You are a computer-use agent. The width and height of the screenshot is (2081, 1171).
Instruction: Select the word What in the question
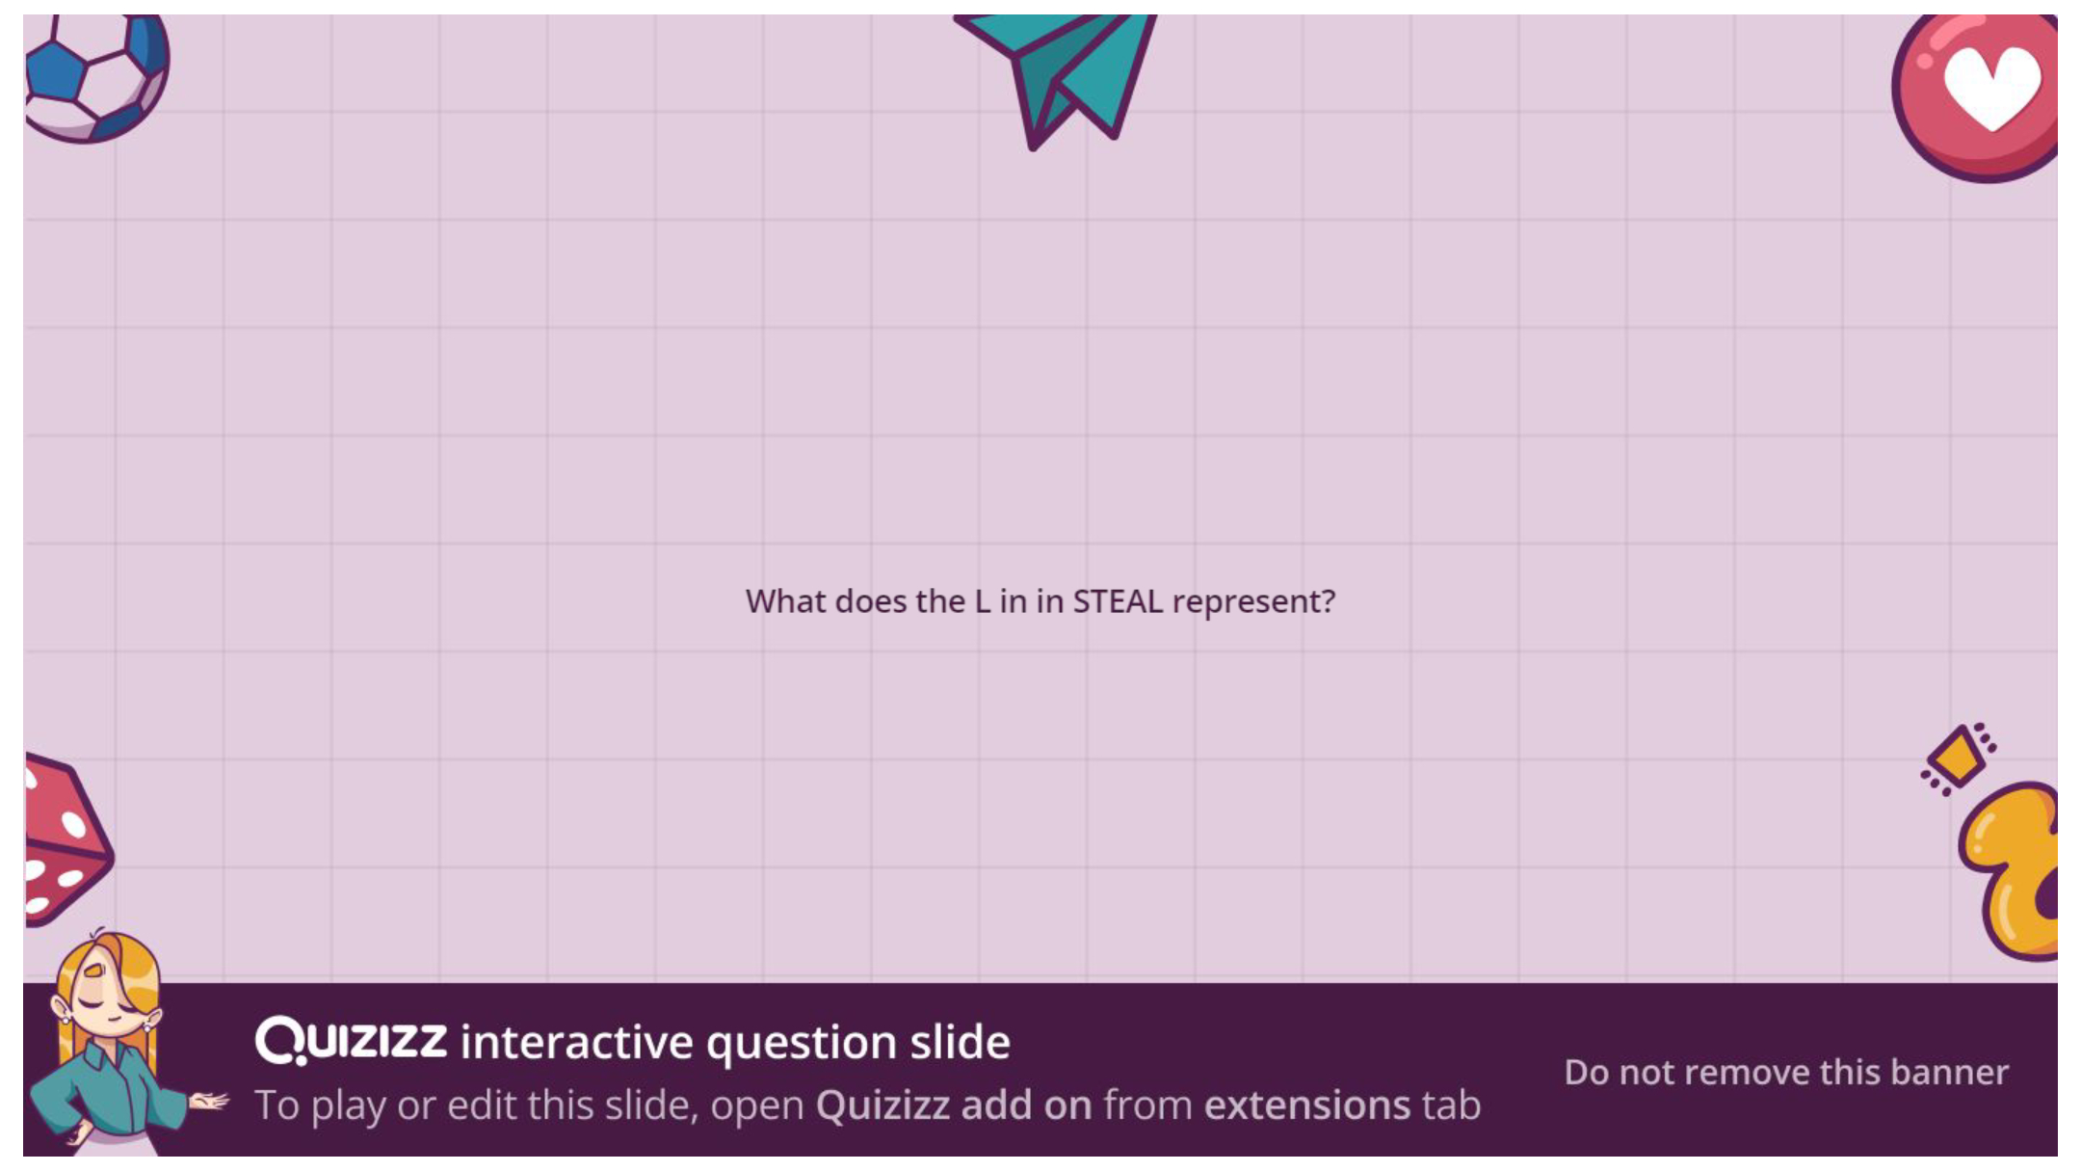pyautogui.click(x=785, y=601)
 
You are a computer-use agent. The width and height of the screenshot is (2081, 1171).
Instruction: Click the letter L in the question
pyautogui.click(x=982, y=601)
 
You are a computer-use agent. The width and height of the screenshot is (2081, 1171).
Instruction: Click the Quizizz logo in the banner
pyautogui.click(x=351, y=1041)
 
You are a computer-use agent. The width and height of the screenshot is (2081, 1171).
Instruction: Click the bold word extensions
pyautogui.click(x=1307, y=1105)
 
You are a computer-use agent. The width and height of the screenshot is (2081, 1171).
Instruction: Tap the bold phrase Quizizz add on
pyautogui.click(x=954, y=1105)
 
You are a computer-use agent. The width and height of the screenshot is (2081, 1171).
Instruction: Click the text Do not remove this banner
pyautogui.click(x=1786, y=1072)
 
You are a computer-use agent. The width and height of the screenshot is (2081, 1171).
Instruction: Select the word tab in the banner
pyautogui.click(x=1452, y=1105)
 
